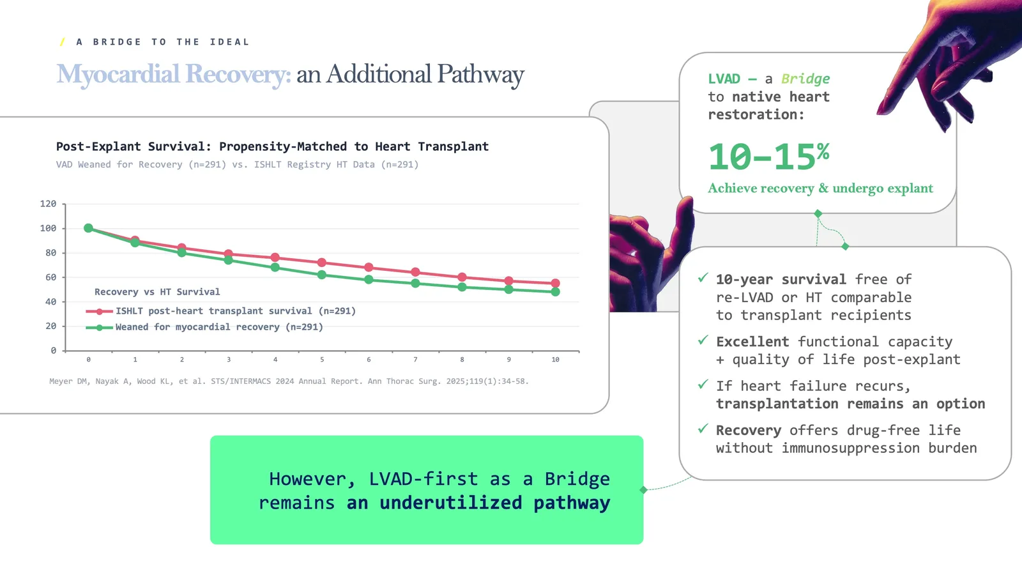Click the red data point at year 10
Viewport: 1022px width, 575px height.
click(x=555, y=283)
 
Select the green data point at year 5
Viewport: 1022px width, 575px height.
click(x=322, y=275)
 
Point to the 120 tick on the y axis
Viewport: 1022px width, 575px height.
click(x=48, y=204)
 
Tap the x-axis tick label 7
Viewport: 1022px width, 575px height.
click(x=415, y=360)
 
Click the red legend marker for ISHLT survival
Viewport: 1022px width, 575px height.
click(x=100, y=312)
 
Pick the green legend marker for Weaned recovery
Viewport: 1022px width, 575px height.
click(x=100, y=328)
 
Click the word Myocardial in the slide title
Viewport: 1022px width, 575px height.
click(x=118, y=74)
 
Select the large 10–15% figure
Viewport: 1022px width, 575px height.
click(x=768, y=157)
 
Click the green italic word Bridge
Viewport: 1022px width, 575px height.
click(x=805, y=79)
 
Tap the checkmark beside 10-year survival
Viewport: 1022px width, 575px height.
click(x=703, y=278)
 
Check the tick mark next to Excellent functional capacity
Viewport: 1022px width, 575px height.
click(x=703, y=340)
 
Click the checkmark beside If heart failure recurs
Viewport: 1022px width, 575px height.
click(x=703, y=385)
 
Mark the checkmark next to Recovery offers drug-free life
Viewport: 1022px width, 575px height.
click(x=703, y=429)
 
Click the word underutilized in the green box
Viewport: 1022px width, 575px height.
click(x=450, y=503)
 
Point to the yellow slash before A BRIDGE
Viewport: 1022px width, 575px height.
click(x=62, y=42)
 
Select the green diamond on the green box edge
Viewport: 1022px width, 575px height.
click(x=644, y=490)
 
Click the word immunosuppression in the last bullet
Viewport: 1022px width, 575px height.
click(x=851, y=448)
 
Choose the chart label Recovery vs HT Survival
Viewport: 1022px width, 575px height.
click(x=157, y=292)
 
